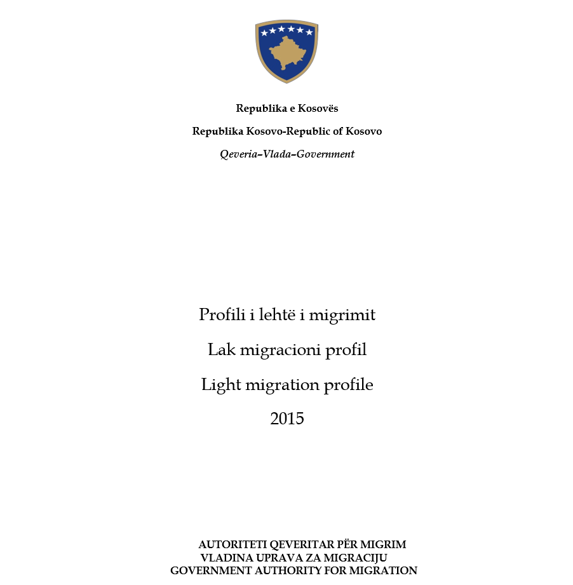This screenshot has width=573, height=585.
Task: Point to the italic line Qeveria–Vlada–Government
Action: (x=287, y=154)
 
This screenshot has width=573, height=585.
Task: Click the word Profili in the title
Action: (x=220, y=314)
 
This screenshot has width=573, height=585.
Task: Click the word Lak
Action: (x=220, y=349)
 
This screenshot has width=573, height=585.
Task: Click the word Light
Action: (x=219, y=385)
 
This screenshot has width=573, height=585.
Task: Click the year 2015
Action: (x=287, y=419)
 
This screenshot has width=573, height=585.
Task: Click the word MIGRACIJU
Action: (x=358, y=558)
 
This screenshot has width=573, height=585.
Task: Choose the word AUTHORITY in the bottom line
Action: (x=295, y=570)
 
